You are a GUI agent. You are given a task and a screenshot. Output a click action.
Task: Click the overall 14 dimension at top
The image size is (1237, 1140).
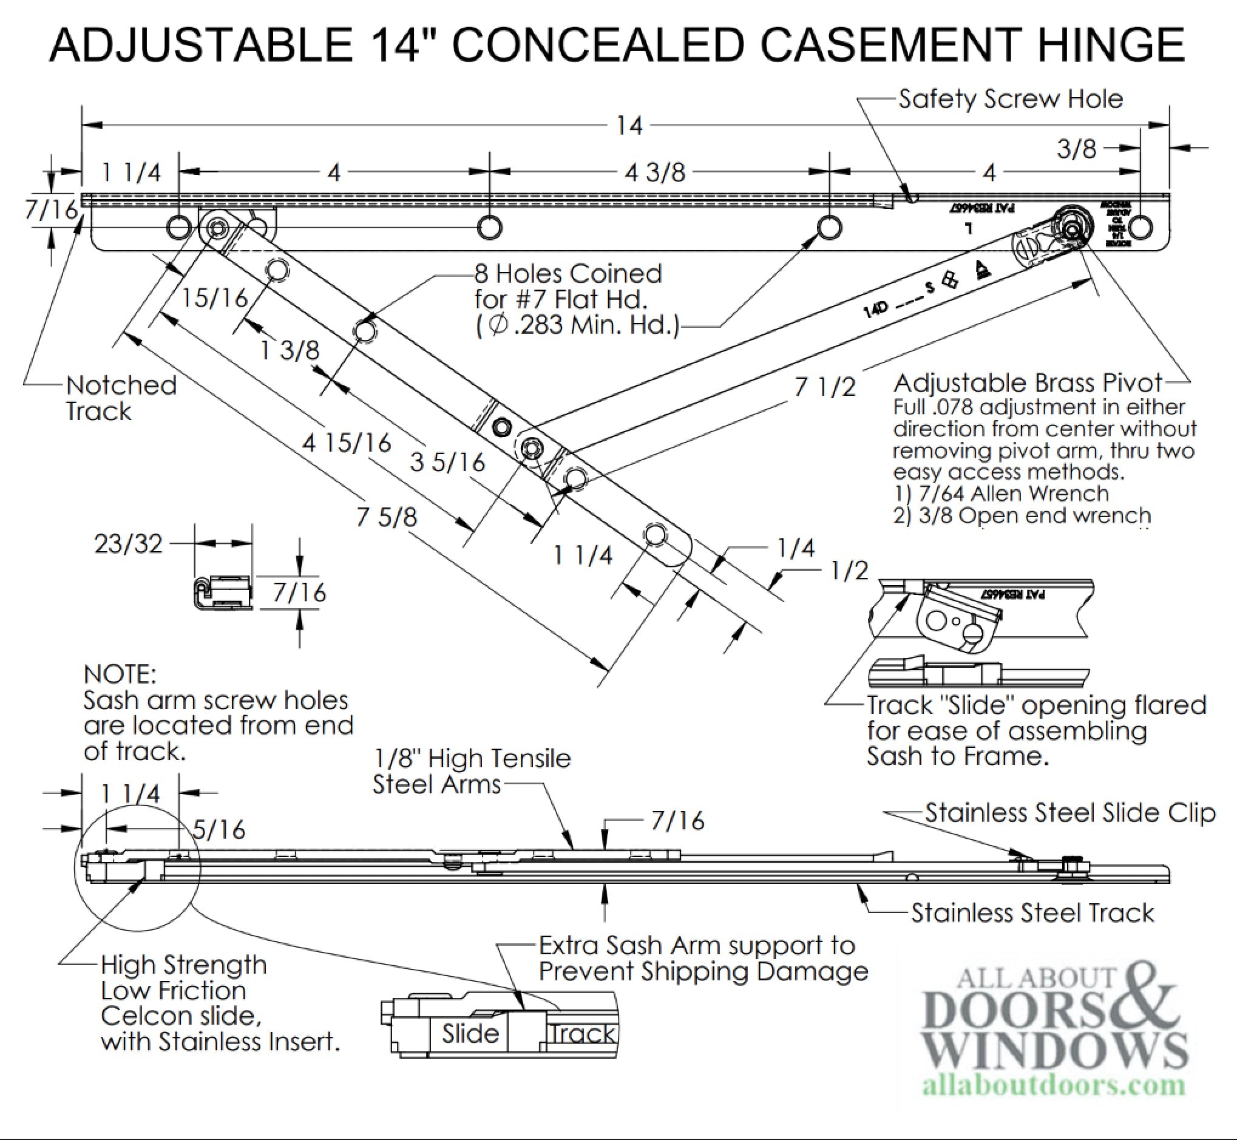[629, 126]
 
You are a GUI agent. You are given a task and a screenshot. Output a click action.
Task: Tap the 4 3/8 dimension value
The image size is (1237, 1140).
[655, 173]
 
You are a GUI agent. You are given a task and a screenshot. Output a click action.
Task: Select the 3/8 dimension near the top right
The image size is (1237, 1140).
[1077, 149]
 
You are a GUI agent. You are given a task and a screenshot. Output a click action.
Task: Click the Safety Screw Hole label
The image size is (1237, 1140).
[1011, 100]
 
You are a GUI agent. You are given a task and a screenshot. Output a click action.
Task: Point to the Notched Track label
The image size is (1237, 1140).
[121, 398]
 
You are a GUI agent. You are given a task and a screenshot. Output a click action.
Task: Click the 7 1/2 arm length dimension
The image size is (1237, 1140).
[825, 387]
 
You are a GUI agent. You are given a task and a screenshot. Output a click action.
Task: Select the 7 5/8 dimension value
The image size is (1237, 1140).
[387, 517]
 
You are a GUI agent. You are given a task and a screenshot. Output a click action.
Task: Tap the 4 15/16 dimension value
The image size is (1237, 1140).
[347, 443]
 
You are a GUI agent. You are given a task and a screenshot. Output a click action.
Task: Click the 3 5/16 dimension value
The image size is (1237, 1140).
[448, 462]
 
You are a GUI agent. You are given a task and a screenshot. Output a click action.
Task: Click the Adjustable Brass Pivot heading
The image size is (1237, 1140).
[1028, 383]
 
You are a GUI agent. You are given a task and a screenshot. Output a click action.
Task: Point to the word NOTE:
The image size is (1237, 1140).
[120, 675]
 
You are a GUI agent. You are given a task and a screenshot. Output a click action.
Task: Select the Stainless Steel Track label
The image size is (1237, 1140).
[1032, 913]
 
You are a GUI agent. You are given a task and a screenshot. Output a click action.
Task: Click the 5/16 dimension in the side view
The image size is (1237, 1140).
[219, 830]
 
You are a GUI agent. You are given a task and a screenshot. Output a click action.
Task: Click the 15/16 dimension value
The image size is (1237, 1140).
[214, 299]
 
